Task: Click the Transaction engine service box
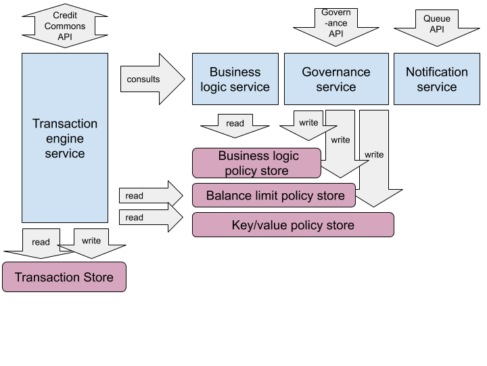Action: click(65, 138)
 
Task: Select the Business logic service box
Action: click(235, 79)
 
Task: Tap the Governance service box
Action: click(336, 79)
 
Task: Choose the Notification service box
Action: click(436, 79)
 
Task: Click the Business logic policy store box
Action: click(256, 163)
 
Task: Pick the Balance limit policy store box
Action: click(274, 196)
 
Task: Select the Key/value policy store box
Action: click(293, 225)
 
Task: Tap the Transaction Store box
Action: click(64, 277)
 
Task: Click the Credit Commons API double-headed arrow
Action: click(65, 26)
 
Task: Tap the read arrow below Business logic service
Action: click(235, 125)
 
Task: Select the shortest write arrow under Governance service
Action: click(308, 125)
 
